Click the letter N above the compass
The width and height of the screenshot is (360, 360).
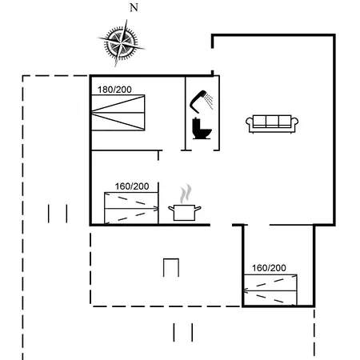tap(134, 8)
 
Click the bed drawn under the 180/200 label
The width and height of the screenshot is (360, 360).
tap(118, 112)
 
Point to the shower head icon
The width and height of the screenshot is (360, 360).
tap(201, 101)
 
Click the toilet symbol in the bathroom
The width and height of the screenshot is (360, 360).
tap(200, 128)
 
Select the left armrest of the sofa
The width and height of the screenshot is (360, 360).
tap(250, 122)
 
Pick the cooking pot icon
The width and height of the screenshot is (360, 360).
tap(185, 212)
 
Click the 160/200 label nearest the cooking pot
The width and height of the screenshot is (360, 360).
tap(132, 186)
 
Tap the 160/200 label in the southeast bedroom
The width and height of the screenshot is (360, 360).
tap(269, 268)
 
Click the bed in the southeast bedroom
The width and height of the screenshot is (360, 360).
tap(270, 289)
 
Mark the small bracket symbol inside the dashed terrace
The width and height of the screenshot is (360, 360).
tap(170, 267)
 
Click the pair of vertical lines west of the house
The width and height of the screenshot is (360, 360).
tap(57, 214)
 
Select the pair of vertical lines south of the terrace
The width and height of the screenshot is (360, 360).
tap(182, 332)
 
